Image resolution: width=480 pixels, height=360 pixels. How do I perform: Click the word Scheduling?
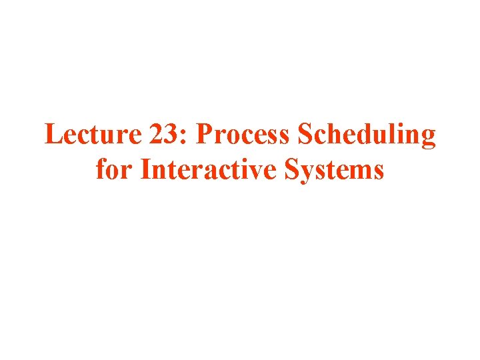point(367,137)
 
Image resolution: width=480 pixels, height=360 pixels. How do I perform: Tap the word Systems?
point(335,170)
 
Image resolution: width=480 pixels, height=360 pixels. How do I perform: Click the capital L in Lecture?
point(52,135)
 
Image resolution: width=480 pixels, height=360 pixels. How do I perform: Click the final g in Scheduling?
point(428,139)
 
